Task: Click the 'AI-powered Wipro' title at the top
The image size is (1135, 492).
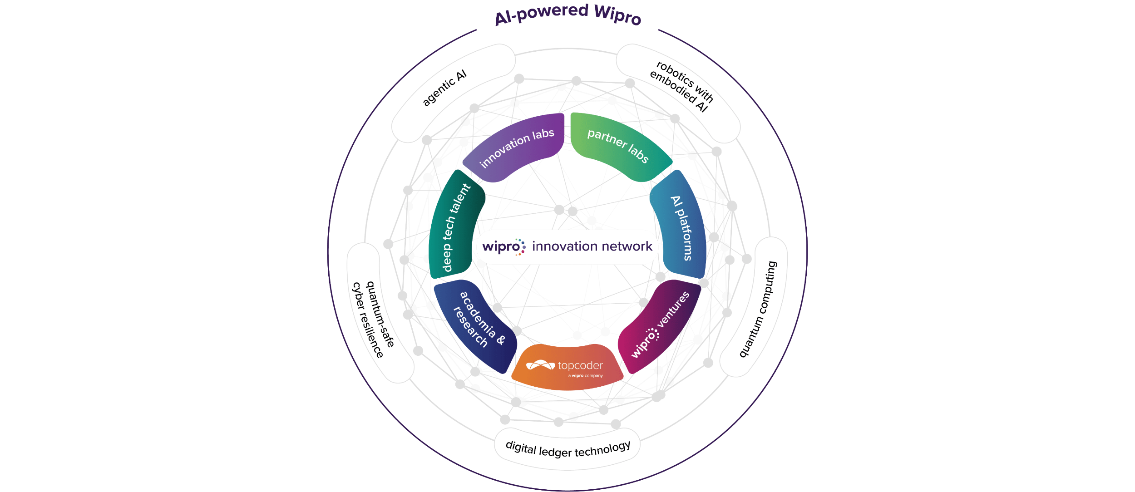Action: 567,15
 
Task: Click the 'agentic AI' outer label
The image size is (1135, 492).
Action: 444,89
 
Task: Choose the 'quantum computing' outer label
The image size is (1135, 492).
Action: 758,309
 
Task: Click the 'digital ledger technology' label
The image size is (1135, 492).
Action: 567,449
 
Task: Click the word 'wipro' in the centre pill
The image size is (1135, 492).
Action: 500,247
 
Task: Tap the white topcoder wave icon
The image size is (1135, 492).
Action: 540,365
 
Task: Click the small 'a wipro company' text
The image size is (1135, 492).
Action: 585,376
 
